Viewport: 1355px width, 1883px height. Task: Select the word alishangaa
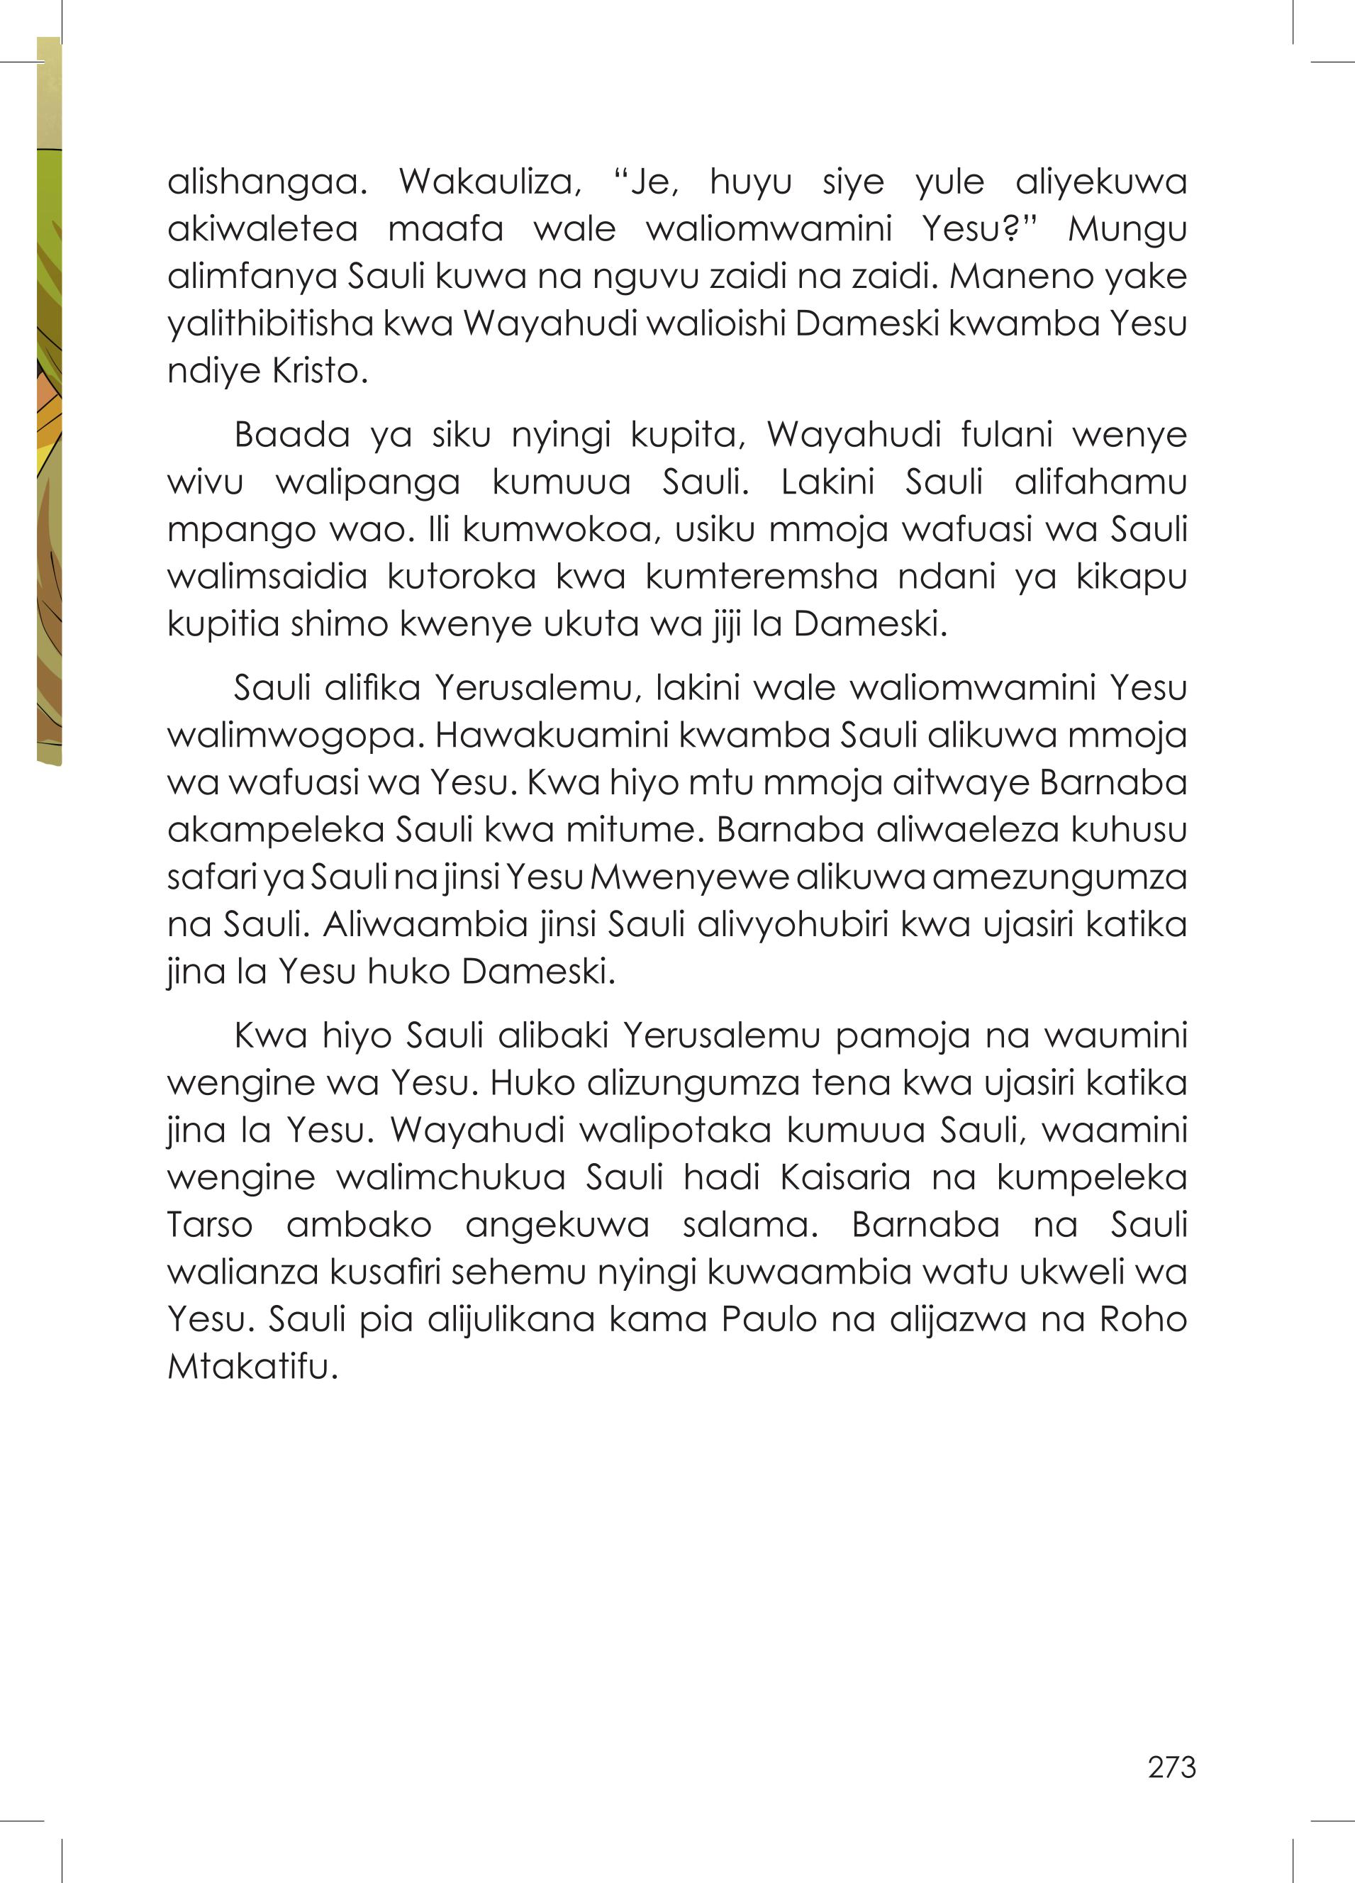point(267,182)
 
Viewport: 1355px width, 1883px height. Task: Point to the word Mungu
point(1127,229)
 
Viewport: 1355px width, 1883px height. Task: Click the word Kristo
point(320,371)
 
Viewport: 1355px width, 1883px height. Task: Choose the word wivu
point(205,482)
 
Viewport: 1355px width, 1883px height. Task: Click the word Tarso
point(210,1225)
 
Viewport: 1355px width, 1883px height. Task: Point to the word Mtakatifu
point(252,1367)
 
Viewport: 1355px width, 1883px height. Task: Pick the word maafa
point(446,229)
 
